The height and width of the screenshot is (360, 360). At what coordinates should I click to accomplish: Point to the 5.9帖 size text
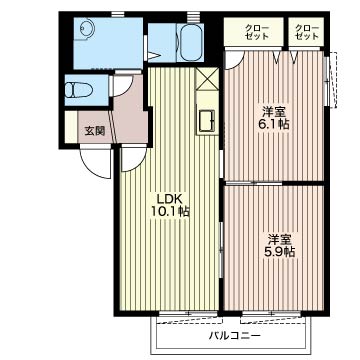click(x=280, y=252)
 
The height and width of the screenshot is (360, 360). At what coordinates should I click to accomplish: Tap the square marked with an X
click(x=205, y=80)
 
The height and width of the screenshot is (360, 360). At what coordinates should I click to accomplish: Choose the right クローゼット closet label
click(x=308, y=30)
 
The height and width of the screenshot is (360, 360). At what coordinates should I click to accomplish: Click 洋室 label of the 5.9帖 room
click(x=280, y=238)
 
